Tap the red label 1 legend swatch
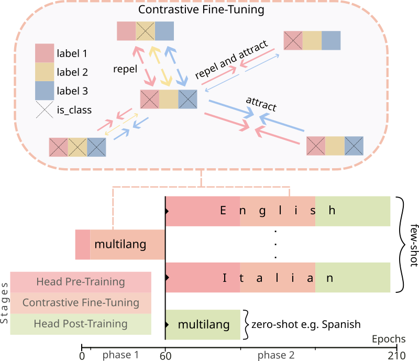click(44, 53)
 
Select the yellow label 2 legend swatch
click(44, 72)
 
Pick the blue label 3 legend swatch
click(44, 91)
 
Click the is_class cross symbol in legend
click(44, 110)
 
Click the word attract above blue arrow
click(261, 104)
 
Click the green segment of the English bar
click(352, 211)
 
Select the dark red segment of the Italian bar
click(203, 278)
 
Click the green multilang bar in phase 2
click(203, 325)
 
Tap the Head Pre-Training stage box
click(81, 282)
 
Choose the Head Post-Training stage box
click(81, 324)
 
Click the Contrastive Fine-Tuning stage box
click(81, 303)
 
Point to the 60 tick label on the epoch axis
click(165, 355)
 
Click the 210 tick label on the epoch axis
click(396, 355)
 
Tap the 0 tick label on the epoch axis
click(82, 355)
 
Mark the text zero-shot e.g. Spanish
click(306, 324)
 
